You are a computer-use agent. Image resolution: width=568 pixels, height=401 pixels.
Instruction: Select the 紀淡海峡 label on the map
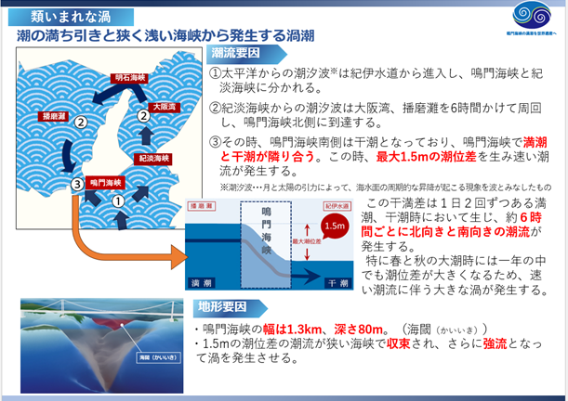pyautogui.click(x=152, y=159)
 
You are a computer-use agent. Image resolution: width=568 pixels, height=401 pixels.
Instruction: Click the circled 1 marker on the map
pyautogui.click(x=118, y=200)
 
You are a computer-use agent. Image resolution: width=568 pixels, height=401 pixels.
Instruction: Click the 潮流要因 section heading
pyautogui.click(x=236, y=54)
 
